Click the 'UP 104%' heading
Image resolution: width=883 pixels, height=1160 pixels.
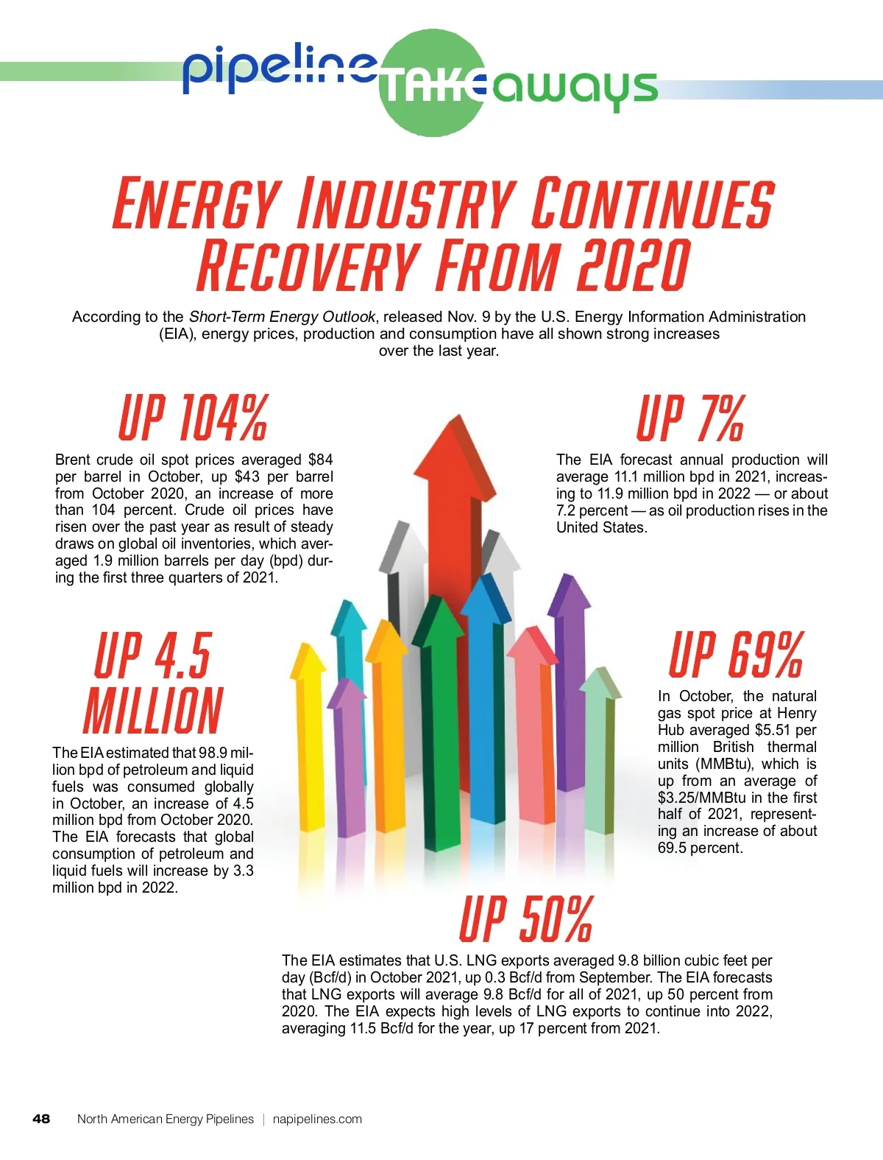click(x=193, y=418)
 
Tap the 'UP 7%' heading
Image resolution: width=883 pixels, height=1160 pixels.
click(x=690, y=418)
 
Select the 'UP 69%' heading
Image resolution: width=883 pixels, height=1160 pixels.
click(x=736, y=655)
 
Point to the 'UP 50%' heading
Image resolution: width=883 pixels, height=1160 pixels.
click(x=525, y=919)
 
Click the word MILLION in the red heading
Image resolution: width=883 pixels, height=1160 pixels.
click(x=153, y=711)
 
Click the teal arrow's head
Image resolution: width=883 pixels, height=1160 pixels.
click(x=348, y=618)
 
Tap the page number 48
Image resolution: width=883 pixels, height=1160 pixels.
click(x=41, y=1119)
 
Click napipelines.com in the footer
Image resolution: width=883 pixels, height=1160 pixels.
click(x=317, y=1119)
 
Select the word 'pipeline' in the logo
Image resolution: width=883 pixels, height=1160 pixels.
click(x=280, y=68)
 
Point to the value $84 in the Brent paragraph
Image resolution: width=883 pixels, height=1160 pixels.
click(x=320, y=460)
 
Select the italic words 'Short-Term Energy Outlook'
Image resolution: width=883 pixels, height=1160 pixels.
click(x=282, y=317)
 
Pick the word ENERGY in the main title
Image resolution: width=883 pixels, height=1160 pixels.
click(x=196, y=203)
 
